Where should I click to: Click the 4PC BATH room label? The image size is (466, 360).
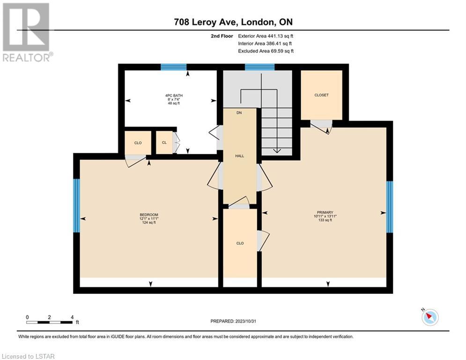coord(174,96)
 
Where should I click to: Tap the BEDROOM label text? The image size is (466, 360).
coord(149,215)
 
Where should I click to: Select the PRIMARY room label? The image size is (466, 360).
coord(325,212)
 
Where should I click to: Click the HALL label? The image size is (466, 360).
coord(239,156)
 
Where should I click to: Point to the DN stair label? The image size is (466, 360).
coord(239,113)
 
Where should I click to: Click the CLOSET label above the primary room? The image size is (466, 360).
coord(322,95)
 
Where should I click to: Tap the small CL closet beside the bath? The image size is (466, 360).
coord(164,143)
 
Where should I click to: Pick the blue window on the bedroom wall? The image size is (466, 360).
coord(77,205)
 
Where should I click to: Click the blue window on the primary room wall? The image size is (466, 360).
coord(390,207)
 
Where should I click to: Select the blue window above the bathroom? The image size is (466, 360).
coord(174,67)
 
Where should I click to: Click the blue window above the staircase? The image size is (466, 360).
coord(260,67)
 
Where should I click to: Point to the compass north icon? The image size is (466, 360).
coord(430,317)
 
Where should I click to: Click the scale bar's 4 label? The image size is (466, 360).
coord(72,317)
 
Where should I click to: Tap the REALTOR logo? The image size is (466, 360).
coord(27,32)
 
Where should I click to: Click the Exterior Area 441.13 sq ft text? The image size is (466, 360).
coord(266,36)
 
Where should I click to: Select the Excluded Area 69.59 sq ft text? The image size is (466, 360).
coord(266,51)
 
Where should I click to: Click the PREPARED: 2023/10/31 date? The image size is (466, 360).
coord(233,321)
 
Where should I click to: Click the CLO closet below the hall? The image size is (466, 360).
coord(240,243)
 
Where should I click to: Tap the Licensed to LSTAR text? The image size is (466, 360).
coord(28,356)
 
